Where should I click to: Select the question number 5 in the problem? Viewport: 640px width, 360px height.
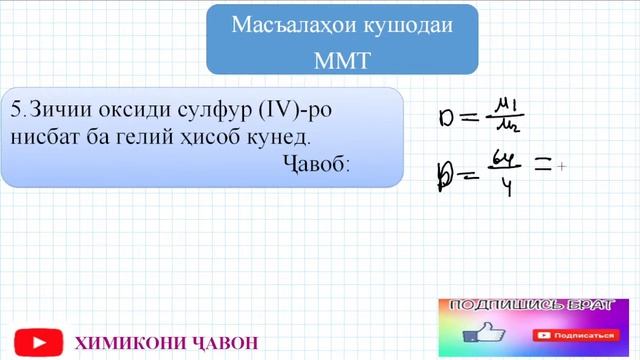tap(16, 106)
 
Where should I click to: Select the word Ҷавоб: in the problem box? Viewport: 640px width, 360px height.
tap(316, 163)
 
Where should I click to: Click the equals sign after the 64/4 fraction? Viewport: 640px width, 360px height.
tap(542, 168)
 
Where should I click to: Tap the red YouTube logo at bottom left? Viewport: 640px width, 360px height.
tap(36, 341)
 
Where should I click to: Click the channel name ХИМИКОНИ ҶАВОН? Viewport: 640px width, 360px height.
tap(166, 343)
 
